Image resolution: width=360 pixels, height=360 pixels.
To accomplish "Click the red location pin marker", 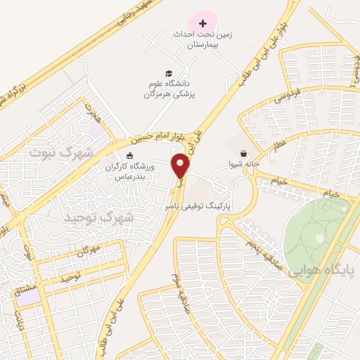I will [181, 165].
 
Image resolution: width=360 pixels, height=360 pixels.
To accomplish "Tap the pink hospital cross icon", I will [204, 23].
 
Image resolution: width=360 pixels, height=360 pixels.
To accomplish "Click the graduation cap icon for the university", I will [169, 72].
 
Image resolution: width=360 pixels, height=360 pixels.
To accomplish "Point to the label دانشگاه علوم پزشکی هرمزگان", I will [169, 88].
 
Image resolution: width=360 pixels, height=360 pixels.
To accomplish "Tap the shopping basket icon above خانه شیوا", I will [243, 153].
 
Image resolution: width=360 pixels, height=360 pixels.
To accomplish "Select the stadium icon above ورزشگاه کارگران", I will [129, 155].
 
